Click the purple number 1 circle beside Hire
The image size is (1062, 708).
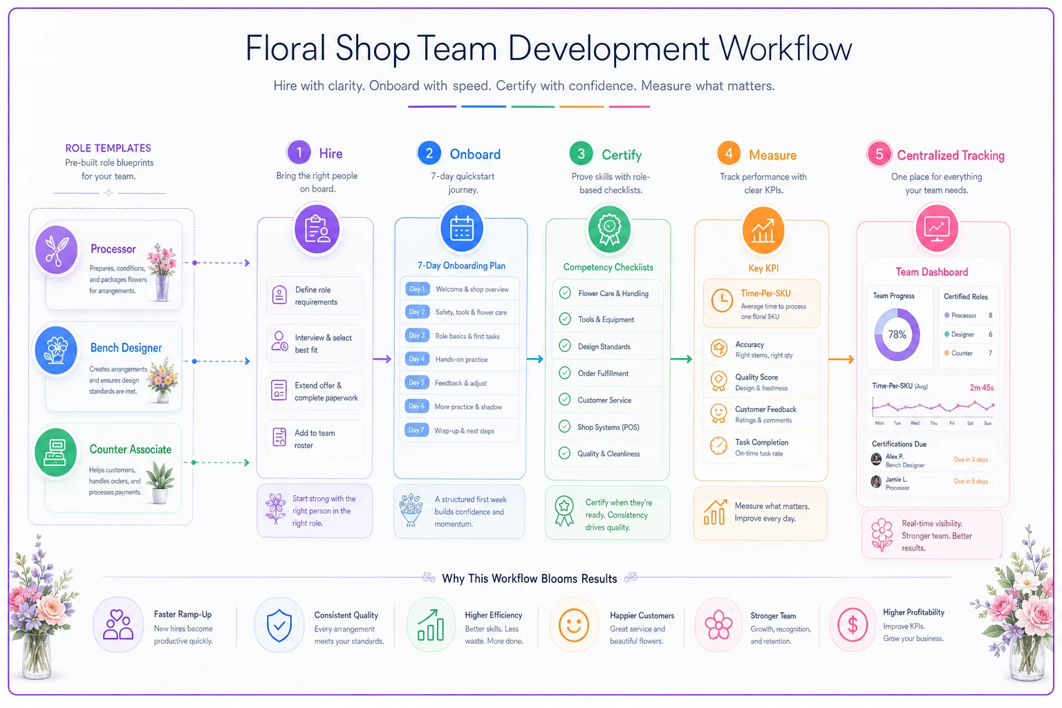click(x=299, y=153)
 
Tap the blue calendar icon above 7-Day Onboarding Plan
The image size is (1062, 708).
click(x=462, y=229)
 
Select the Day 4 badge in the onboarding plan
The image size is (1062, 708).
click(x=417, y=359)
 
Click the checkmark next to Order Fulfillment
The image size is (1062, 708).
click(x=565, y=373)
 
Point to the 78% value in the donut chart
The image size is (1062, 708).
click(x=897, y=335)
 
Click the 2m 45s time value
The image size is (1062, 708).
click(x=981, y=387)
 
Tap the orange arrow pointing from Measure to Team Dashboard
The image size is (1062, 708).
click(x=841, y=360)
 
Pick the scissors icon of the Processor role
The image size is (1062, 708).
click(x=57, y=250)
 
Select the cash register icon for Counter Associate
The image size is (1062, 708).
click(x=55, y=452)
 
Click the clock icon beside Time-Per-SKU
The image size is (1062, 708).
click(x=722, y=300)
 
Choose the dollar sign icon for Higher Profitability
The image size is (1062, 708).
click(x=853, y=625)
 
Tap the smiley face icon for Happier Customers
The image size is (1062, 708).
click(x=574, y=625)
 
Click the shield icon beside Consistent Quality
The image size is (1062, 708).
click(x=279, y=625)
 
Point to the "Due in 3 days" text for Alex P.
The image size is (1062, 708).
click(x=971, y=460)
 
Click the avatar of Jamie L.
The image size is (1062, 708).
click(x=876, y=482)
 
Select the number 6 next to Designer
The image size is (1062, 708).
click(x=990, y=335)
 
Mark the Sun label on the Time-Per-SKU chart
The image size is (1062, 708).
click(x=987, y=423)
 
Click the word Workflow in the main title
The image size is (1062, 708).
click(x=785, y=48)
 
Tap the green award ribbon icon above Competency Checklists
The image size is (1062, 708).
click(x=609, y=230)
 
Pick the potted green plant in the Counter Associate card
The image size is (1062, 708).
click(x=160, y=483)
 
